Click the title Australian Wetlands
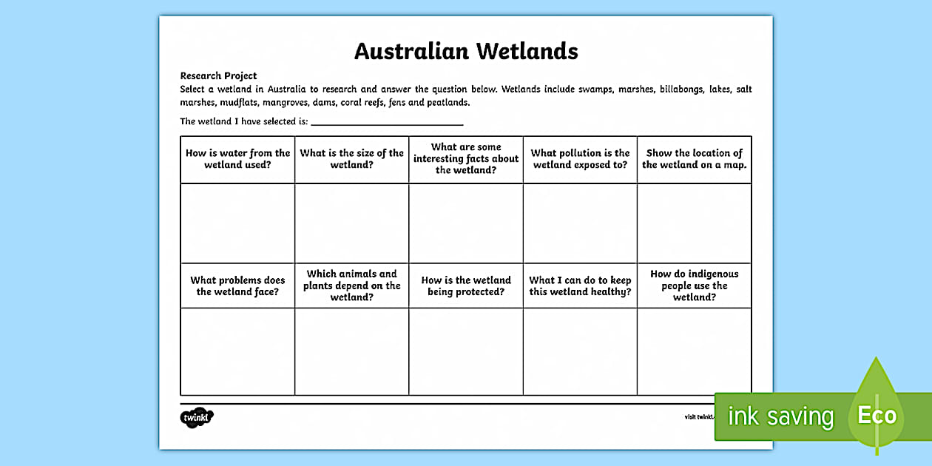(466, 51)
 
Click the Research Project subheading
(218, 75)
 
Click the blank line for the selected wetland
(387, 122)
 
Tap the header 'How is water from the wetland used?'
(237, 159)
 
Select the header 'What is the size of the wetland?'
(351, 159)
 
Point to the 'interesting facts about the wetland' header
(466, 158)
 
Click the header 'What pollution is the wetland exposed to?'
(580, 159)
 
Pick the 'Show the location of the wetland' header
(694, 159)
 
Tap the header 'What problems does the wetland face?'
(237, 286)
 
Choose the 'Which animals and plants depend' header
(351, 286)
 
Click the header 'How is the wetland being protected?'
(466, 286)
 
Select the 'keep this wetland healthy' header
(580, 286)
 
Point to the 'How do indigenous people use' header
(694, 286)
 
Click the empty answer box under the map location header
(694, 223)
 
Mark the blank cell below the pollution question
(580, 223)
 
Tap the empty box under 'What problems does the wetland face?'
(237, 351)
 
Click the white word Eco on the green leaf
(877, 415)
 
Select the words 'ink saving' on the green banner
(780, 416)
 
